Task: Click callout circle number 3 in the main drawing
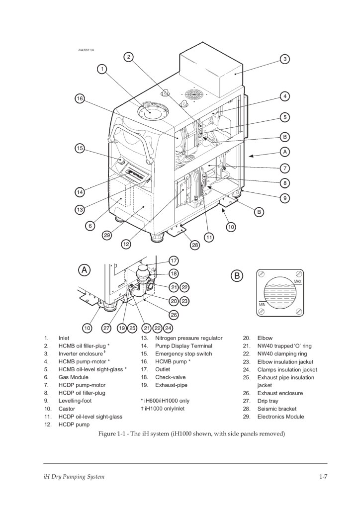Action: [x=285, y=59]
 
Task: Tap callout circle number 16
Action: [x=80, y=98]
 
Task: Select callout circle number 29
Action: [x=107, y=235]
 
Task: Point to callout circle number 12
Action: [x=126, y=244]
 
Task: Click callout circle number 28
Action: [x=195, y=245]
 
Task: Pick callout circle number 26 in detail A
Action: [x=174, y=315]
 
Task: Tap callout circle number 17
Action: [x=174, y=260]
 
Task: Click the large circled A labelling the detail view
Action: [x=84, y=270]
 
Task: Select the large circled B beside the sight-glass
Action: [x=237, y=276]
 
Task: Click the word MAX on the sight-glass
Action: [x=298, y=281]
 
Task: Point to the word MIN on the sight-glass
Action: [x=262, y=305]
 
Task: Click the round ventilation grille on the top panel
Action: [x=194, y=94]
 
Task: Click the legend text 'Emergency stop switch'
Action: [x=183, y=354]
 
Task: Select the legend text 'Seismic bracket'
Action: [x=277, y=409]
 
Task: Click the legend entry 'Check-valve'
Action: [x=171, y=377]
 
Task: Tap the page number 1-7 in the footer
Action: [x=323, y=477]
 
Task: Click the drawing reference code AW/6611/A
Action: [x=87, y=50]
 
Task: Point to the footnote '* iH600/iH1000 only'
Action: [x=165, y=401]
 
